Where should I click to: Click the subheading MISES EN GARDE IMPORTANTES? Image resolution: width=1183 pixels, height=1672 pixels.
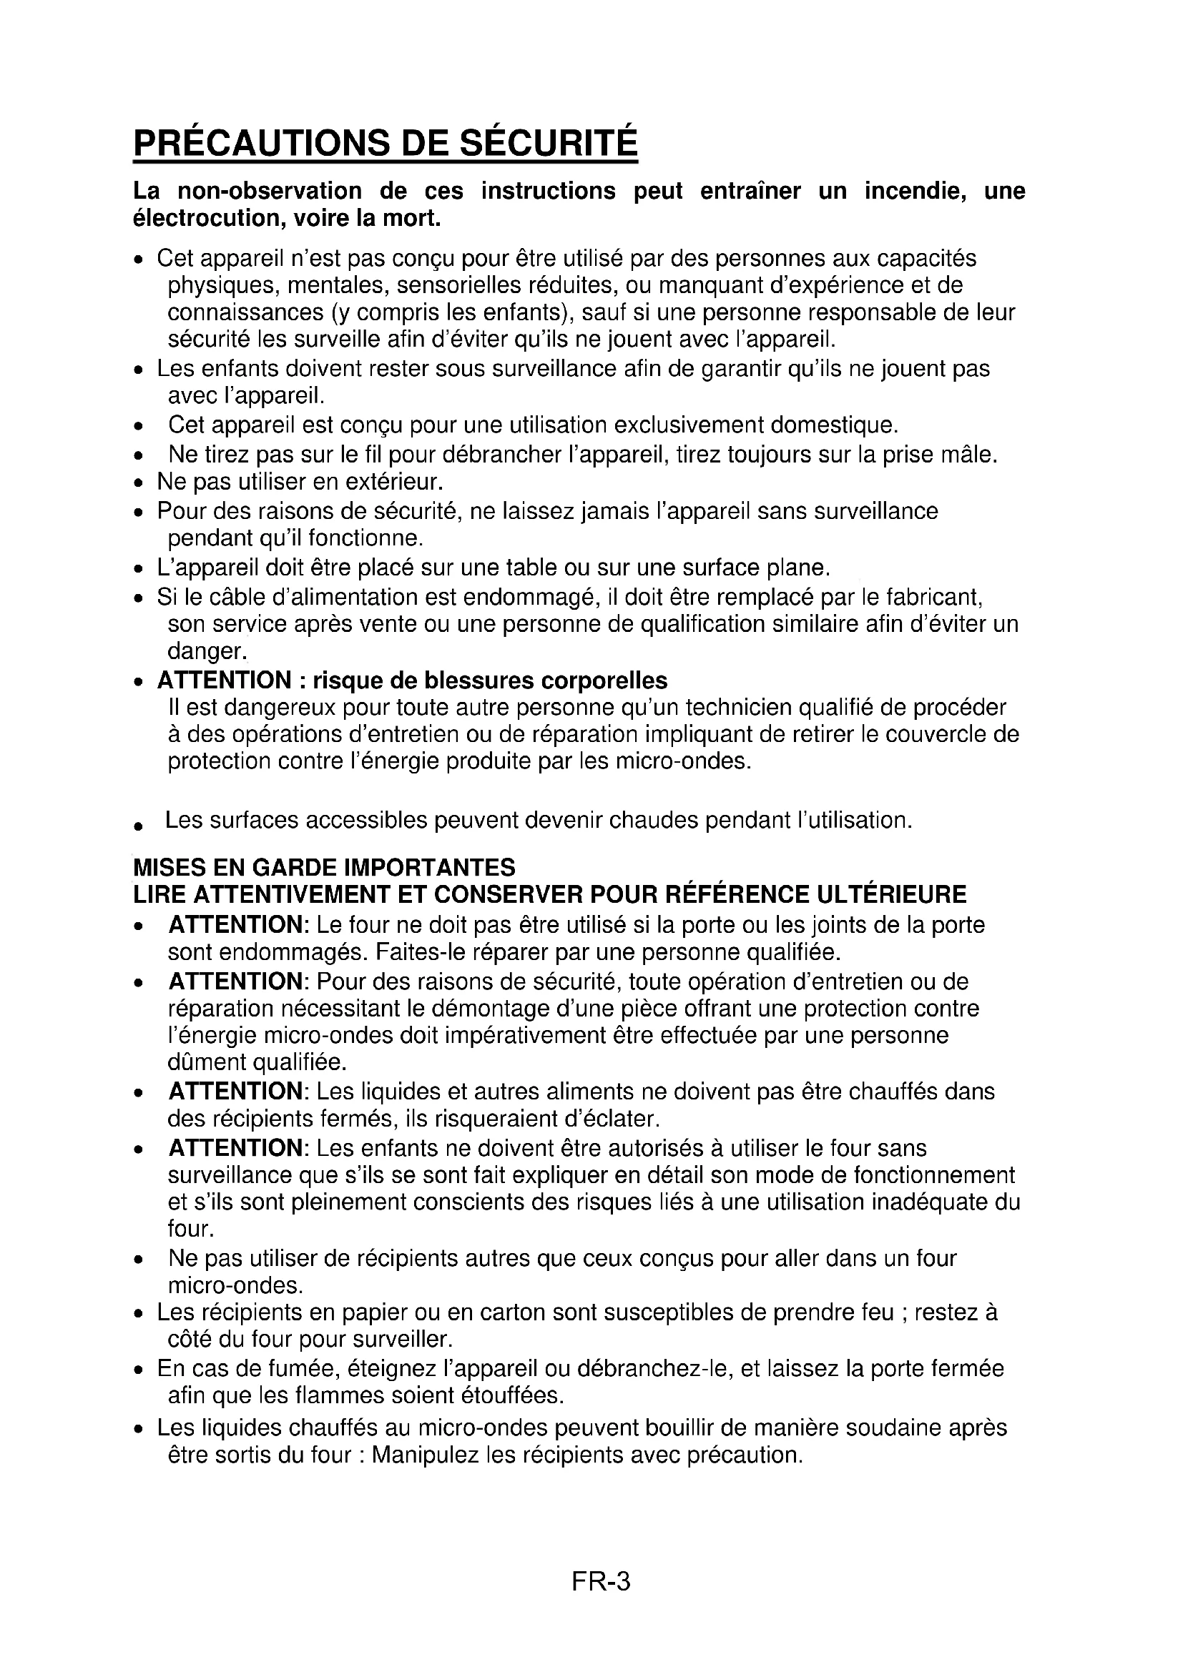324,867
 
